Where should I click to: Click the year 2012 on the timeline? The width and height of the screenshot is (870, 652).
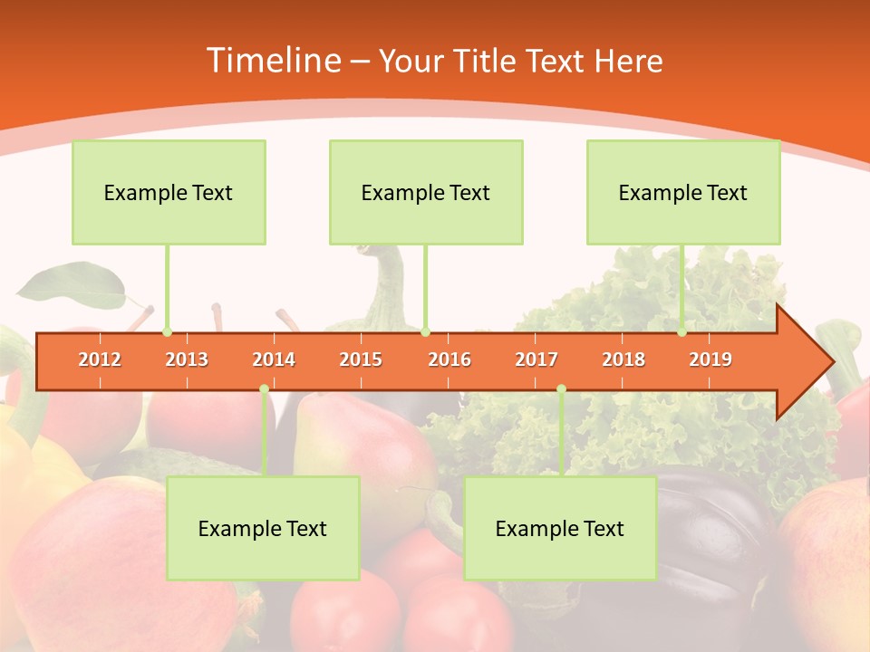point(100,360)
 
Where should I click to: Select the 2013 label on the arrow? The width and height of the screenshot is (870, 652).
point(187,360)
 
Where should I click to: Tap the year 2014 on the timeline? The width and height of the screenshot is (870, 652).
point(274,360)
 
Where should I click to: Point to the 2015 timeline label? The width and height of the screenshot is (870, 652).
point(361,360)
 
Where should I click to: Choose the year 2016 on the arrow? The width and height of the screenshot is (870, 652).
point(449,360)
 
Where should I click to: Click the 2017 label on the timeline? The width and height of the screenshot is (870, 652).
point(536,360)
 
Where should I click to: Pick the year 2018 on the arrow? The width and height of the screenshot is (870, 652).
point(623,360)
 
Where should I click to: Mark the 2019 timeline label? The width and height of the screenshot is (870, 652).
point(710,360)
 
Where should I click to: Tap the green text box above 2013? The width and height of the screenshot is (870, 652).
point(169,192)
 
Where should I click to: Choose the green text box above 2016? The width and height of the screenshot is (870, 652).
point(426,192)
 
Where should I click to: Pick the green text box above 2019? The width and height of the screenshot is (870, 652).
point(683,192)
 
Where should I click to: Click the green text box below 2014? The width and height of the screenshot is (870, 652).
point(263,528)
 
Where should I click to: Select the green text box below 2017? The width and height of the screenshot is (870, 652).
point(560,528)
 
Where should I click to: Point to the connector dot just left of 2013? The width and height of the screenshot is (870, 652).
point(167,332)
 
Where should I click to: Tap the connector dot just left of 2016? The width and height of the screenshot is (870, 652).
point(426,332)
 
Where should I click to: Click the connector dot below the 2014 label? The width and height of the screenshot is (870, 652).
point(264,388)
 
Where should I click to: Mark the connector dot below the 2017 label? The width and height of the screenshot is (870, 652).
point(561,388)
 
